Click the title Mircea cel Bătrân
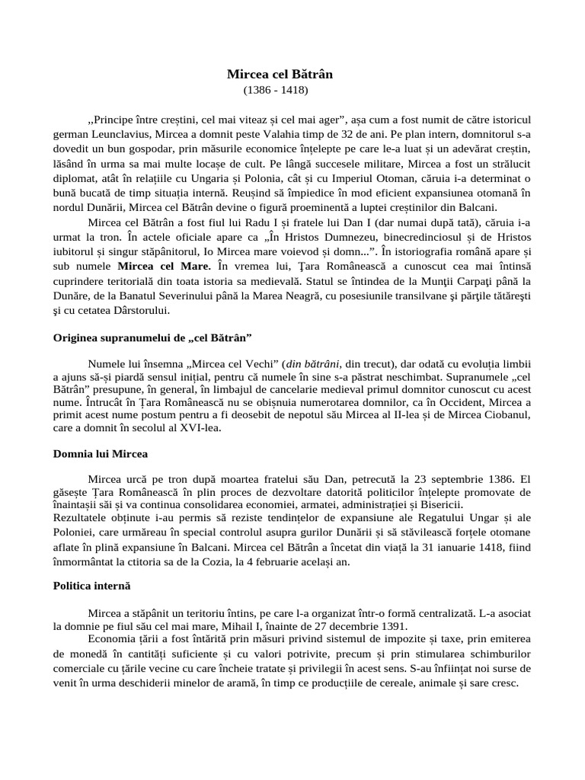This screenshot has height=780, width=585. pos(280,75)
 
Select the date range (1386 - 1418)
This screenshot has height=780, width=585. pos(277,90)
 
